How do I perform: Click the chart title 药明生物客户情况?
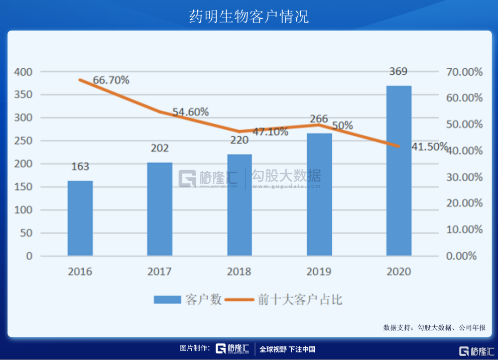[248, 16]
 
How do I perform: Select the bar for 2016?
[80, 218]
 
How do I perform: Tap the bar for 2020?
[399, 171]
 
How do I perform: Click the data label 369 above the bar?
[398, 71]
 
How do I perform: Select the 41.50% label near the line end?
[429, 147]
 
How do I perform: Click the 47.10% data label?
[270, 132]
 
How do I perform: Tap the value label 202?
[160, 148]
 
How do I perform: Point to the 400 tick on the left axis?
[23, 72]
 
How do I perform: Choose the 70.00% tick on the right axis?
[464, 72]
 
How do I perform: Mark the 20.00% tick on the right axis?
[464, 203]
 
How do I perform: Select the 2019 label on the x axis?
[319, 272]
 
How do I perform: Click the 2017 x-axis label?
[160, 272]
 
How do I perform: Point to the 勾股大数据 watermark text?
[286, 176]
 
